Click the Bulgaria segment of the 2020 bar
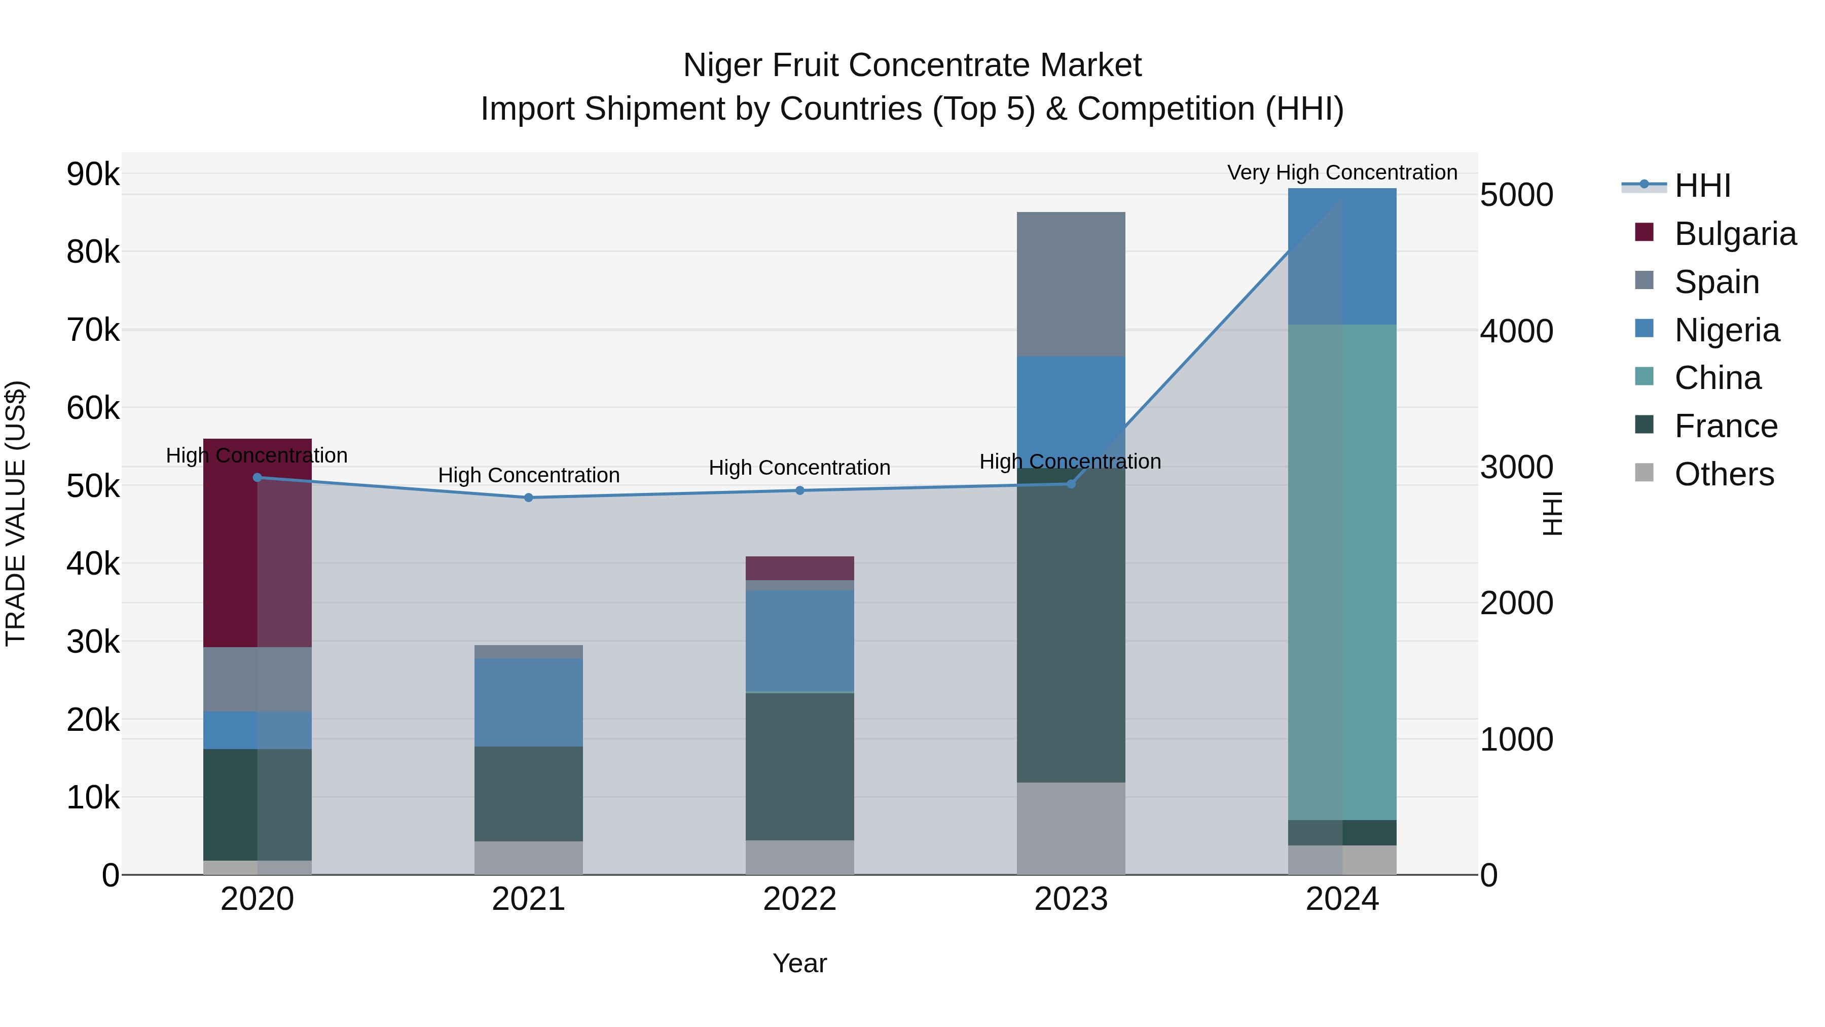point(257,542)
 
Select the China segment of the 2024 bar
point(1342,572)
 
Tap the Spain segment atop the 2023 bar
point(1071,284)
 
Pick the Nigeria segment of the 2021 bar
point(529,702)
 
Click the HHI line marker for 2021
point(529,498)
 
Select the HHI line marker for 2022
point(800,490)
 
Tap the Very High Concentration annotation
point(1342,172)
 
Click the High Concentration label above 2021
point(529,475)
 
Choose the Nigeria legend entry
point(1727,330)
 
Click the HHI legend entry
point(1702,186)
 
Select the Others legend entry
point(1724,474)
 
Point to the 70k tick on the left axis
point(93,330)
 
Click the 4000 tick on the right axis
point(1517,331)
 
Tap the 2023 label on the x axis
point(1071,899)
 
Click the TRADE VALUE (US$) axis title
point(16,513)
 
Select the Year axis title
point(799,963)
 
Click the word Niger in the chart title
point(722,65)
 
